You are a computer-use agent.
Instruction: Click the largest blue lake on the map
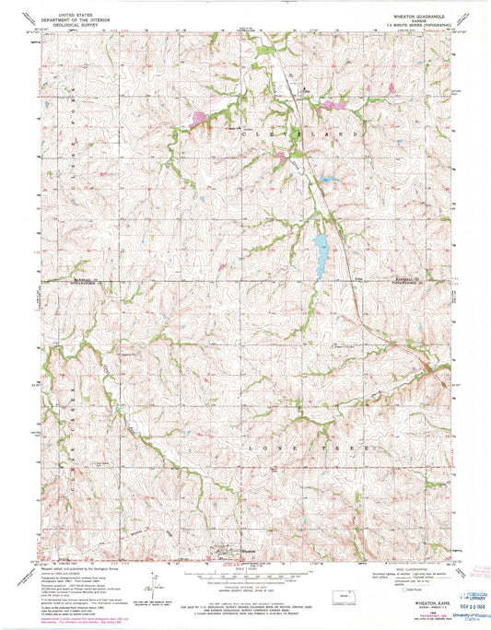tap(320, 246)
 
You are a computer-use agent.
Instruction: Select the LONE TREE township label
tap(298, 446)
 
